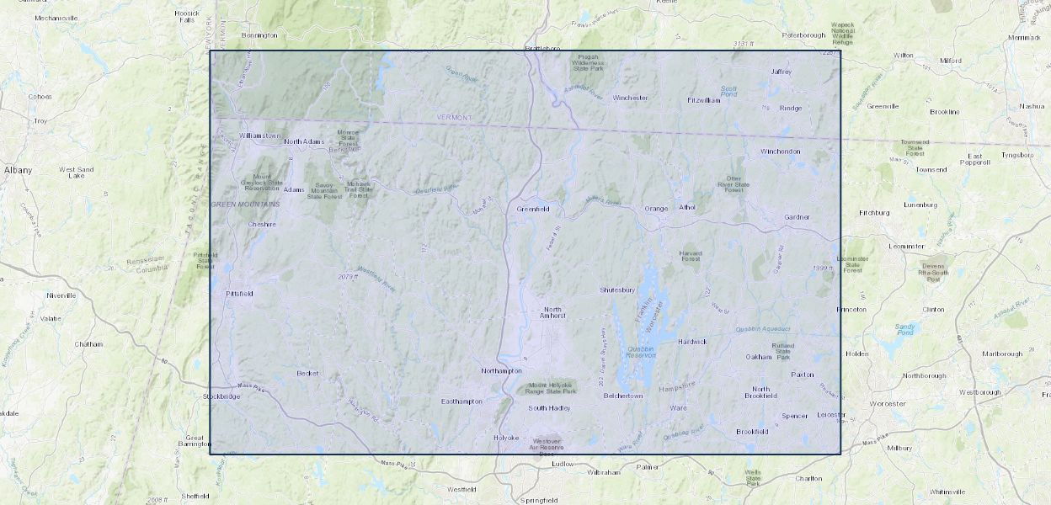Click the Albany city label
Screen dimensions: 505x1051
(x=18, y=170)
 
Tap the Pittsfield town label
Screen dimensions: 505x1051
(x=239, y=294)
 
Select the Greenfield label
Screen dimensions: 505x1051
(x=532, y=209)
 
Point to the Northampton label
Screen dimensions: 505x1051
(x=501, y=371)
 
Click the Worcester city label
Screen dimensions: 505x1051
(x=888, y=404)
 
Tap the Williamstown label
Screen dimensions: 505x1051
(x=260, y=136)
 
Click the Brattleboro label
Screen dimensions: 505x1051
(x=542, y=48)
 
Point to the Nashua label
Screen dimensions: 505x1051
(x=1031, y=107)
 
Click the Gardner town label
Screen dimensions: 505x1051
(x=797, y=217)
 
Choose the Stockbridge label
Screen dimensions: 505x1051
(x=221, y=396)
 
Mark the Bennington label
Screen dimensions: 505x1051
(x=259, y=35)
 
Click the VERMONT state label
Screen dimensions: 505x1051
(x=454, y=118)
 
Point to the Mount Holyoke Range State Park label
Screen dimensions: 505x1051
(x=552, y=388)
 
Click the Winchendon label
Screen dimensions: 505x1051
(x=781, y=151)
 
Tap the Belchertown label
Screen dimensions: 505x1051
(x=622, y=396)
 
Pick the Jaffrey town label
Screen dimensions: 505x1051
(x=782, y=72)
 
